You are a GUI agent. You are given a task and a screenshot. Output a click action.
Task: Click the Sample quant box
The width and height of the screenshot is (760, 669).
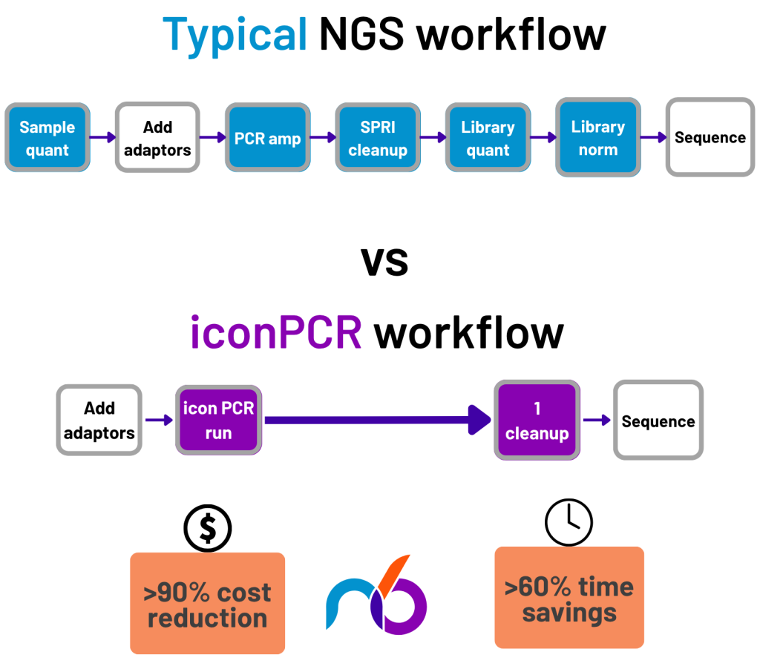47,138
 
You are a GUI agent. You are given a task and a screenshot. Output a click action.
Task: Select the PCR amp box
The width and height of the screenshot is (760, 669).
267,138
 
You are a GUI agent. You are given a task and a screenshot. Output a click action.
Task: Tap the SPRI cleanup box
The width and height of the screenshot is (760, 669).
378,138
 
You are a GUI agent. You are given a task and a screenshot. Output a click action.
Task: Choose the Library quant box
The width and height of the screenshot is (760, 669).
488,138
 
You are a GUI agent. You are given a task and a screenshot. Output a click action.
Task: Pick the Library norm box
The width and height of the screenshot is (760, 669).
597,138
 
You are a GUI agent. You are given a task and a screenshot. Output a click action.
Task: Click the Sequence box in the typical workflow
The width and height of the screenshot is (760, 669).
710,138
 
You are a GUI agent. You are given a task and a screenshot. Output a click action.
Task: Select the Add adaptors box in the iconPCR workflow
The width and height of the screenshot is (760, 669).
99,420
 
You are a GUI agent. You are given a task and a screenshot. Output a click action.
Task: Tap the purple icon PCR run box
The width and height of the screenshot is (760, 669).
218,420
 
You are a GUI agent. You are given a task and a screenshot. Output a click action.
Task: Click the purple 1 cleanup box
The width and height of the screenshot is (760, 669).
536,421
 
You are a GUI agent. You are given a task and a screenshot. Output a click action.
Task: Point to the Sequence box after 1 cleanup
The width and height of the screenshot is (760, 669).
658,421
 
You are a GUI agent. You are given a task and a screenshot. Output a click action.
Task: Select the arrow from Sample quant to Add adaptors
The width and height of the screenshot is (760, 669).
102,137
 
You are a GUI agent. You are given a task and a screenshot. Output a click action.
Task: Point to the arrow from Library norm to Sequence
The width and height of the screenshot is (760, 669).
653,137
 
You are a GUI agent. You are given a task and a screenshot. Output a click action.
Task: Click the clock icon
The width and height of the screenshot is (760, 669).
569,522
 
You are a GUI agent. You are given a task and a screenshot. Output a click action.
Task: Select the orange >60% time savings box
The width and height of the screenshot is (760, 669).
569,598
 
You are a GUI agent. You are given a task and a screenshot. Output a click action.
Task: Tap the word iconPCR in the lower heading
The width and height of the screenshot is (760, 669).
276,333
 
